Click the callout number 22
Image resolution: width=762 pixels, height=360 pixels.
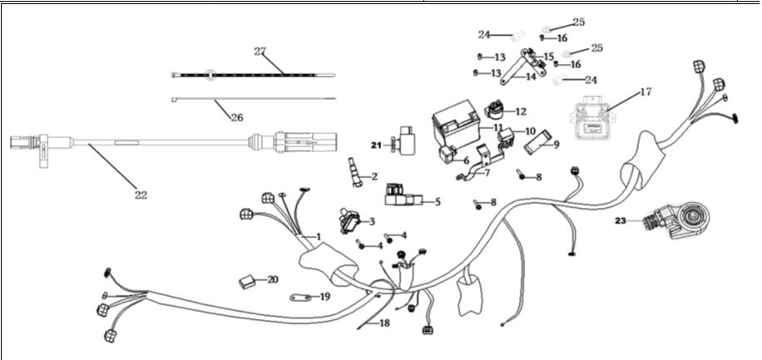pos(141,195)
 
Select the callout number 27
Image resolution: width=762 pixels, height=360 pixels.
pos(260,52)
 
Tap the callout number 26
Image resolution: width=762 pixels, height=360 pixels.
pos(236,117)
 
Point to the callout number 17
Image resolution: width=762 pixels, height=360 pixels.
pos(646,92)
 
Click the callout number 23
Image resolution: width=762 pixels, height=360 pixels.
pos(620,220)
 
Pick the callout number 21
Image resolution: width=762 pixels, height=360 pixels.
pos(375,145)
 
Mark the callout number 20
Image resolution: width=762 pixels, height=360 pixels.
pos(273,279)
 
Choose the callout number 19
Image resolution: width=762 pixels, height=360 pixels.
pos(324,296)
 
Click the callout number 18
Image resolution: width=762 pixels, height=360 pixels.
pos(384,323)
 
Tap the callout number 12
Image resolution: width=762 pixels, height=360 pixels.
pos(521,111)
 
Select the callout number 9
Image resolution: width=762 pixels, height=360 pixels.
pos(556,144)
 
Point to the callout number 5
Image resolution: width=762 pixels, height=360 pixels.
pos(438,201)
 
